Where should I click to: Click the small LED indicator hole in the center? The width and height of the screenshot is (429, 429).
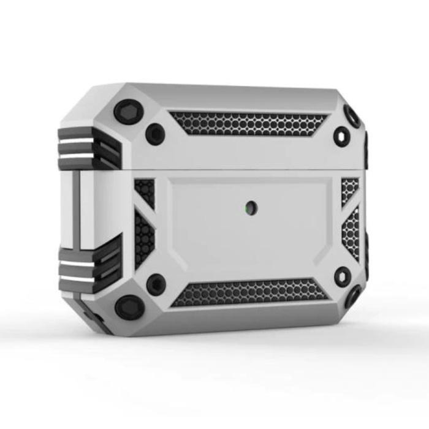click(251, 208)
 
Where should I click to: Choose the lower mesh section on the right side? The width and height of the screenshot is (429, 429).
click(351, 232)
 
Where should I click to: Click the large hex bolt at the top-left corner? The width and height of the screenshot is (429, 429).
click(129, 112)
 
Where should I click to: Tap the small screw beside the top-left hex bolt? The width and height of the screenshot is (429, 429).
click(155, 134)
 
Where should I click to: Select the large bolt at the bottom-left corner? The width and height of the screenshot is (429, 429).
click(130, 307)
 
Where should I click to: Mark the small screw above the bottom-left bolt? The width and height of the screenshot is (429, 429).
click(156, 284)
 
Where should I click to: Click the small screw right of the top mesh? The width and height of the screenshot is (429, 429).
click(342, 135)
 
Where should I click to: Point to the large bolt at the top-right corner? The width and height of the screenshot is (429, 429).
click(352, 116)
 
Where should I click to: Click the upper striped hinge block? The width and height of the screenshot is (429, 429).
click(89, 149)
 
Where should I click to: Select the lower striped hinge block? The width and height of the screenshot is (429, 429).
click(89, 264)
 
